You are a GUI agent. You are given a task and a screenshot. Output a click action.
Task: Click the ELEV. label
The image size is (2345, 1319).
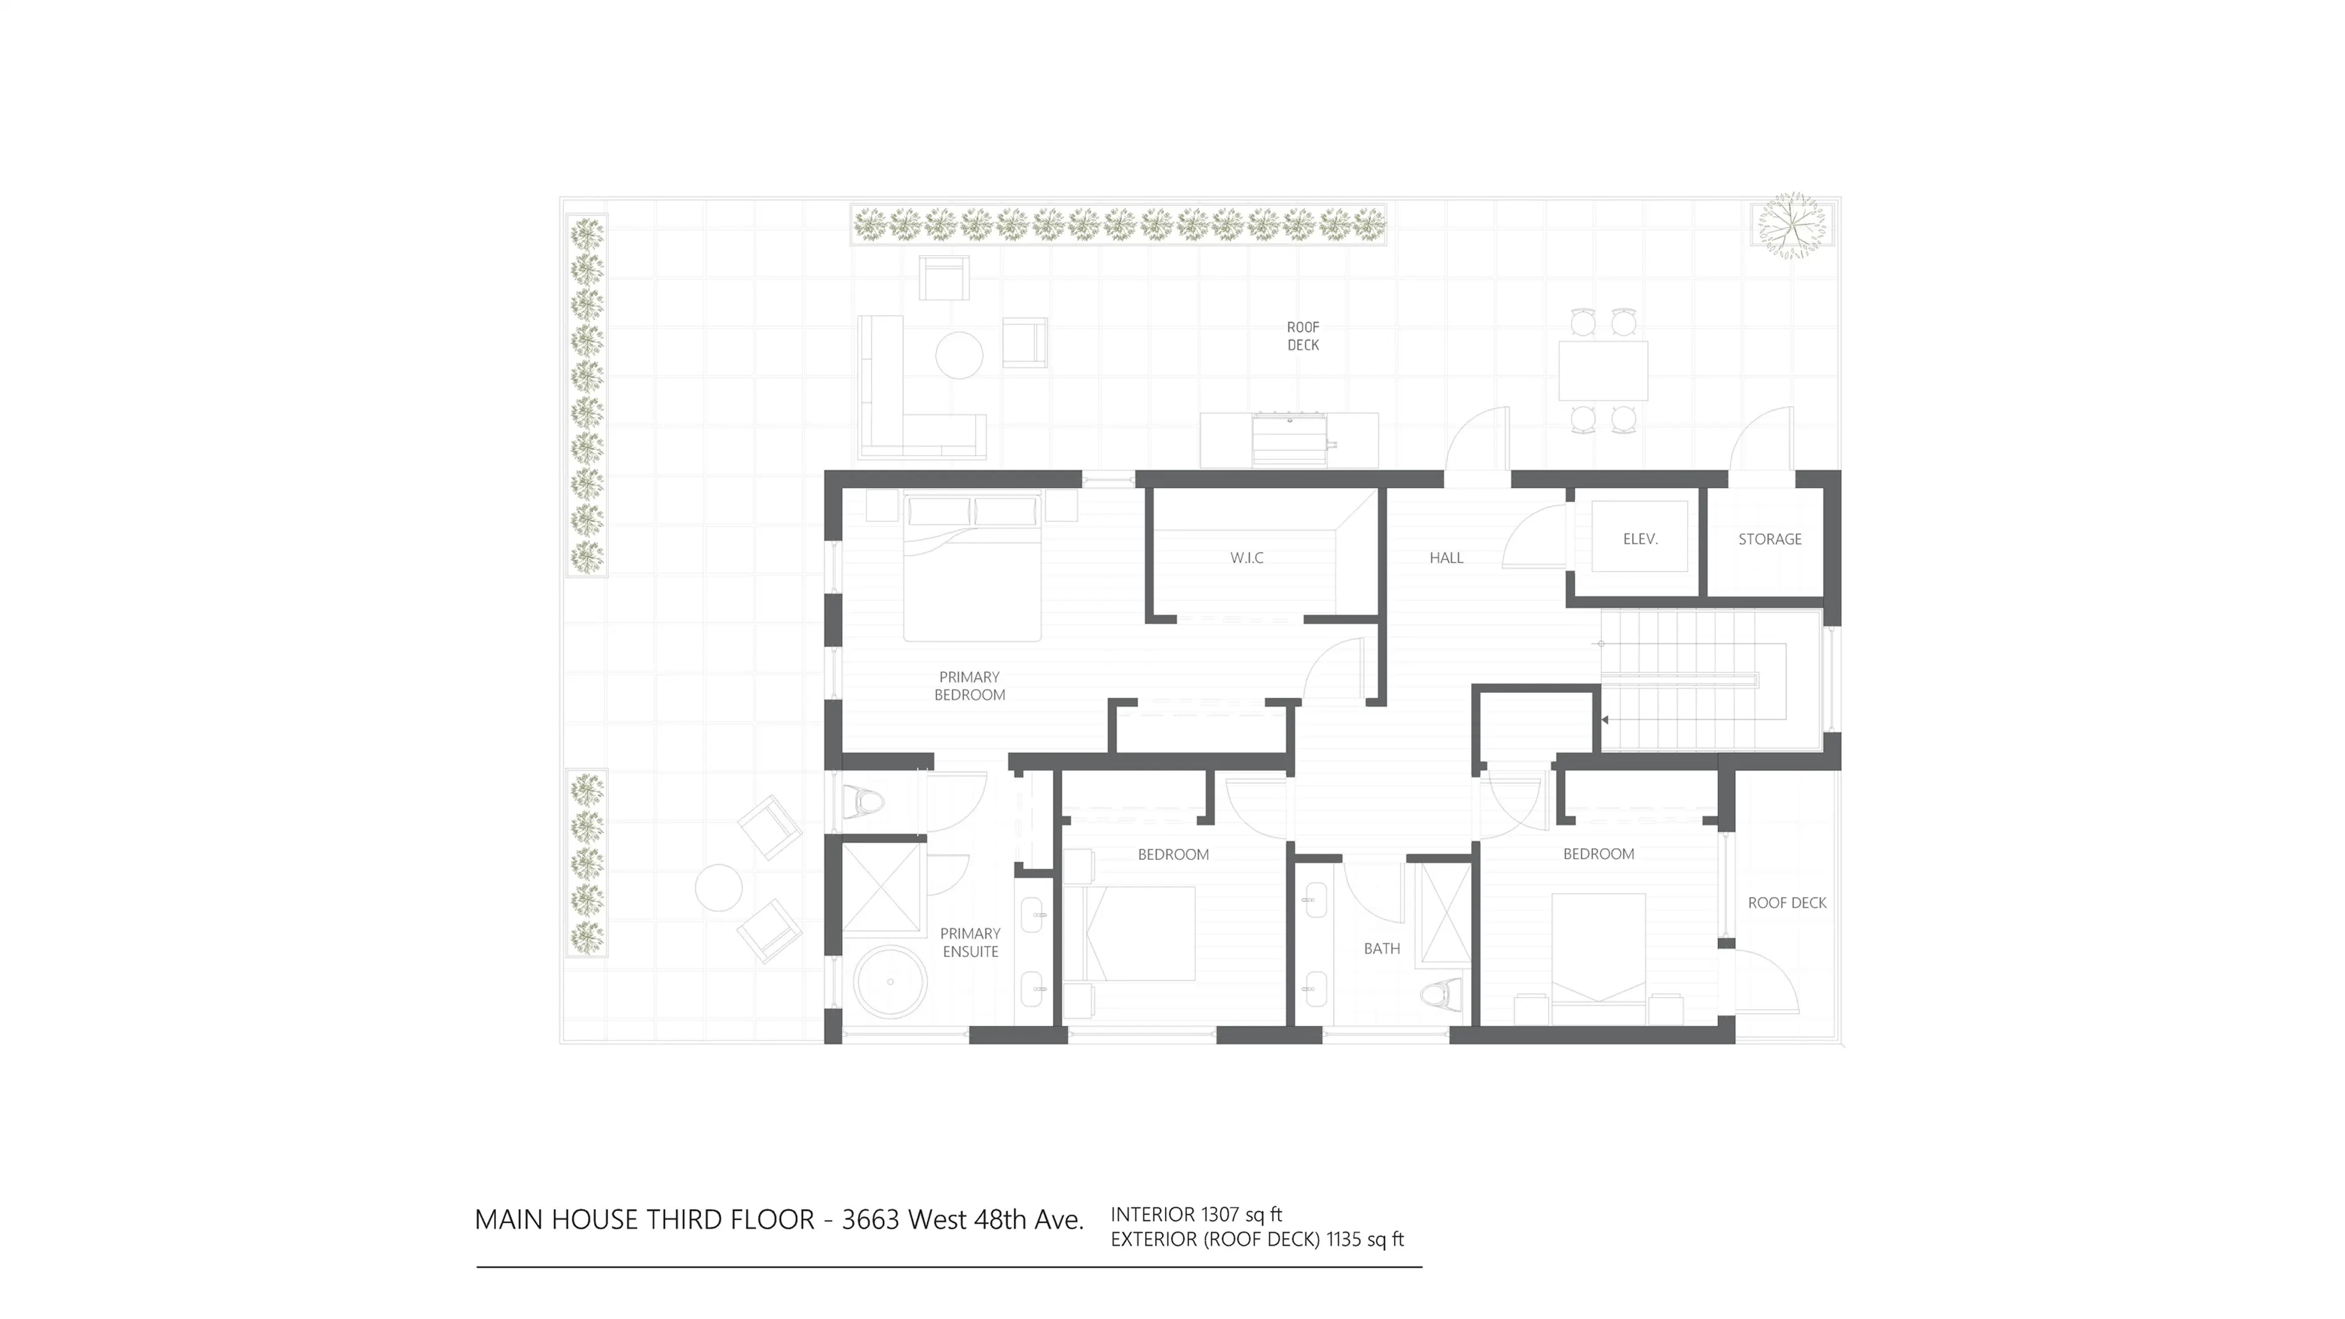[1640, 539]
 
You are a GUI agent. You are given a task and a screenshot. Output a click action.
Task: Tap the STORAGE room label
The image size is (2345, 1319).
[1769, 539]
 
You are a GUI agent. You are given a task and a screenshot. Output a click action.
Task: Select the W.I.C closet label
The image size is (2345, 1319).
[1246, 558]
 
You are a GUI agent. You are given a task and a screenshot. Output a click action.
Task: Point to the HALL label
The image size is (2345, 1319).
[1445, 558]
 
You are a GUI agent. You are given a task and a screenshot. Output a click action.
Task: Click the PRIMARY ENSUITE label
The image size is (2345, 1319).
[970, 942]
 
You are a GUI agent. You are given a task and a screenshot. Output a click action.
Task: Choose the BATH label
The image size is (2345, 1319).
[1381, 948]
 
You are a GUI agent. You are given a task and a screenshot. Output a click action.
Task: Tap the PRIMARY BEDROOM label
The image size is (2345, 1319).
[970, 685]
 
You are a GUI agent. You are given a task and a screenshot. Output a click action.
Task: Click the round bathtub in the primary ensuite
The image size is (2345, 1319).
[889, 981]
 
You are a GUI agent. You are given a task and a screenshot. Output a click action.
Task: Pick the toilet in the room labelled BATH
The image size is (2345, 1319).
[1443, 995]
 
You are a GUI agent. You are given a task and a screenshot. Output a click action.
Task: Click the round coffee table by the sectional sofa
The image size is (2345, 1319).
[959, 355]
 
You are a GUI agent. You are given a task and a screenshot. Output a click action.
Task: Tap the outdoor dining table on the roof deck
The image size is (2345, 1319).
[1602, 371]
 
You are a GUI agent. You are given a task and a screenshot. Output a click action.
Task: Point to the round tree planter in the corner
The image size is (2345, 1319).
[1791, 225]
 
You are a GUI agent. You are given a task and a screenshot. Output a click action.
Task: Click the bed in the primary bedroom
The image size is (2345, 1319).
[972, 569]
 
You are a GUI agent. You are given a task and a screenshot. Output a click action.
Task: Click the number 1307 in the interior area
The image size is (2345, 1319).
[1220, 1215]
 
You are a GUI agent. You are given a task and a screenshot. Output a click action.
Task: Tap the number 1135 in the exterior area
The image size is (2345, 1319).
[1343, 1239]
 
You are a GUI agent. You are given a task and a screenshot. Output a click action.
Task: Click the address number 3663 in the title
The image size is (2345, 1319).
[870, 1220]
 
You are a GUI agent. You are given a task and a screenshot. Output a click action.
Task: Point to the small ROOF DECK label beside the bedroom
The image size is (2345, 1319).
[1786, 903]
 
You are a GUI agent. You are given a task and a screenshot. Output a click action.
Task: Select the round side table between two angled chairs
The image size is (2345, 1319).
[718, 887]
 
